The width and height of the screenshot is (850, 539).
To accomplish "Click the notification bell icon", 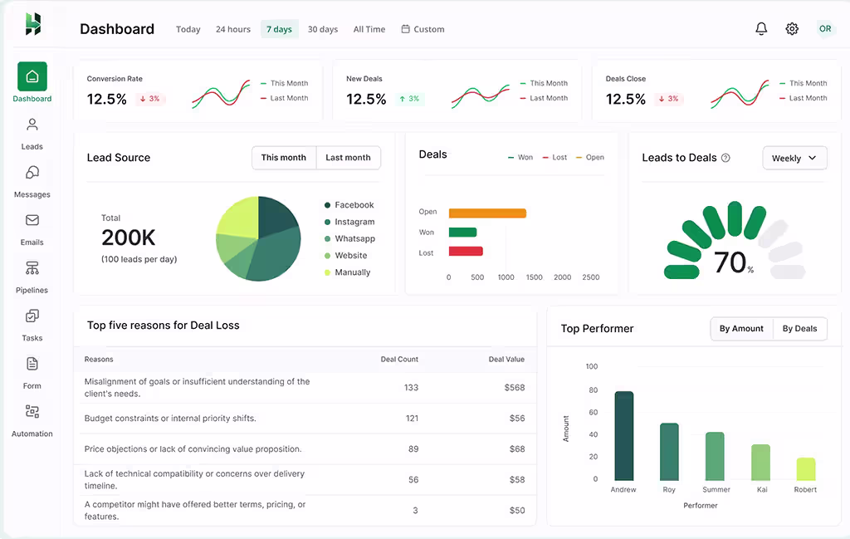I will click(x=761, y=29).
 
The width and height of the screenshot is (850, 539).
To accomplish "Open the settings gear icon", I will click(x=792, y=29).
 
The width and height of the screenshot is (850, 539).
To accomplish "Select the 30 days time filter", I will click(x=323, y=29).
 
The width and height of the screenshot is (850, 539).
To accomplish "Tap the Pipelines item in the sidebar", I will click(x=32, y=277).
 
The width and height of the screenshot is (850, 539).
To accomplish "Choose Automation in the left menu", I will click(x=32, y=420).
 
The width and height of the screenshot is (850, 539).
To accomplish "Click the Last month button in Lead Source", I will click(x=348, y=158).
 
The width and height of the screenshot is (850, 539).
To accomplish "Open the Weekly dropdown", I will click(x=794, y=158).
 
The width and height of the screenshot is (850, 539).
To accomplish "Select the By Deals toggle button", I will click(x=799, y=329).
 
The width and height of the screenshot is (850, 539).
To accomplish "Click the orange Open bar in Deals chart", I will click(x=487, y=213).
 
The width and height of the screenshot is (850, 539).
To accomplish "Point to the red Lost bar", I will click(x=466, y=252).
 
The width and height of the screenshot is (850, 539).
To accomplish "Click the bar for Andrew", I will click(x=623, y=435).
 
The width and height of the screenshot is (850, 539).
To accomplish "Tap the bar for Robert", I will click(x=805, y=468).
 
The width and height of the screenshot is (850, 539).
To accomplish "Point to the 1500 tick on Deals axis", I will click(x=534, y=277).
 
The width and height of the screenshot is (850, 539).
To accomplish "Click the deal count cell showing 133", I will click(x=411, y=388).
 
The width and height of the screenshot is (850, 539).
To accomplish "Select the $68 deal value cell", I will click(x=516, y=449).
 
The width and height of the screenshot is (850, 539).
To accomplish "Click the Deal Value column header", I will click(x=506, y=360).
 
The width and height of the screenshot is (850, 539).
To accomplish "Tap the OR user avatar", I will click(x=824, y=29).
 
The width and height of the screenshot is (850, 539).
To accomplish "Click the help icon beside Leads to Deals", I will click(x=725, y=158).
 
